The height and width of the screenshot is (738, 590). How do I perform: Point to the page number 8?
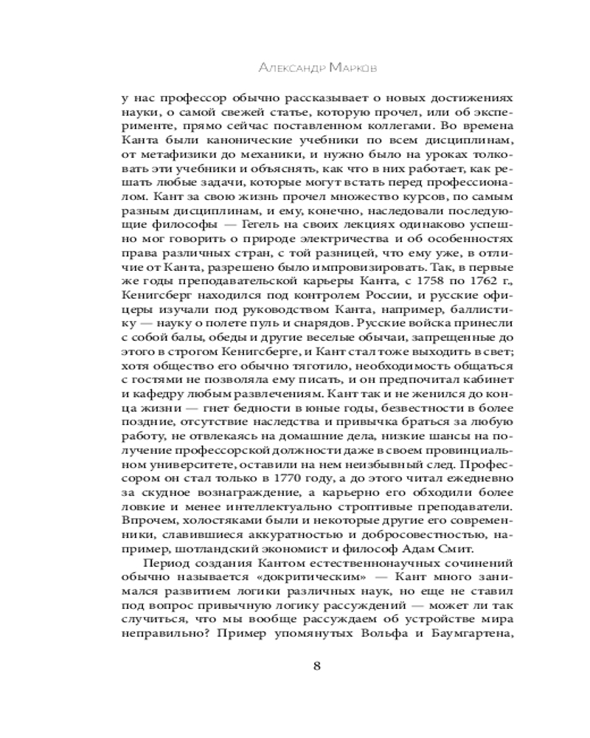(316, 666)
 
